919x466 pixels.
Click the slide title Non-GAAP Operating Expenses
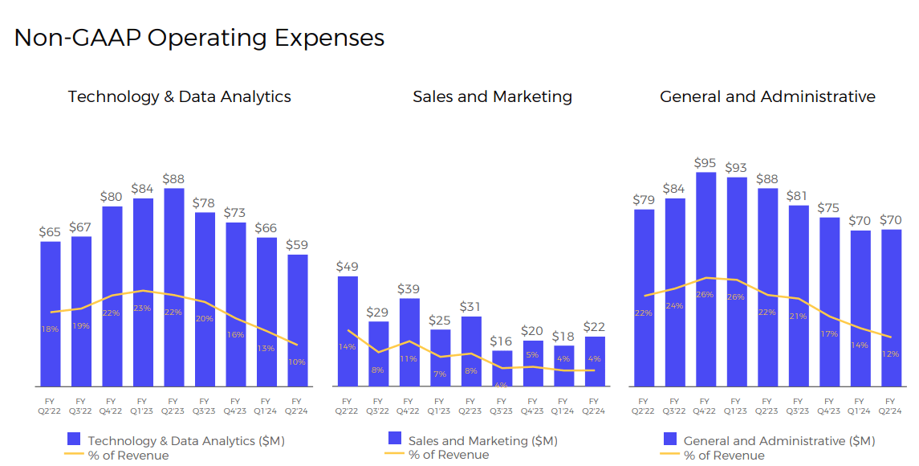199,38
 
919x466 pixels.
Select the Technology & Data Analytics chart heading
179,96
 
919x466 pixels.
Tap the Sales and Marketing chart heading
492,96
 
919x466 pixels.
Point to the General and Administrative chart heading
767,96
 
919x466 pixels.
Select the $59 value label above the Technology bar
298,245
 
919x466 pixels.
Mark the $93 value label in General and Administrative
736,168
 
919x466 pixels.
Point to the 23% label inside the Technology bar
142,308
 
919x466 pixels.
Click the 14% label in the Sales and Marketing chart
348,347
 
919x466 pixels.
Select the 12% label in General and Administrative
889,354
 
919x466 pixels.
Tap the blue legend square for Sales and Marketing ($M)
395,439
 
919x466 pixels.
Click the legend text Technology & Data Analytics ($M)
186,440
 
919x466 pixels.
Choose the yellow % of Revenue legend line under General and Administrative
669,455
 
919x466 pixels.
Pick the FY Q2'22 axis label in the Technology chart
51,406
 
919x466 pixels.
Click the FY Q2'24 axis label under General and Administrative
889,406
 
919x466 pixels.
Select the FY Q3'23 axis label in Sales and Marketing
502,406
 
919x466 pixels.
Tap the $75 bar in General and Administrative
829,301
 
